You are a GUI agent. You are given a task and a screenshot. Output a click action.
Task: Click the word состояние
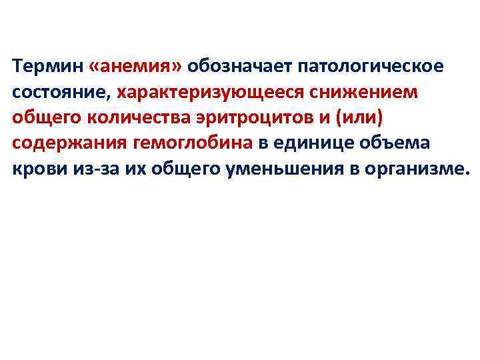62,91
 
